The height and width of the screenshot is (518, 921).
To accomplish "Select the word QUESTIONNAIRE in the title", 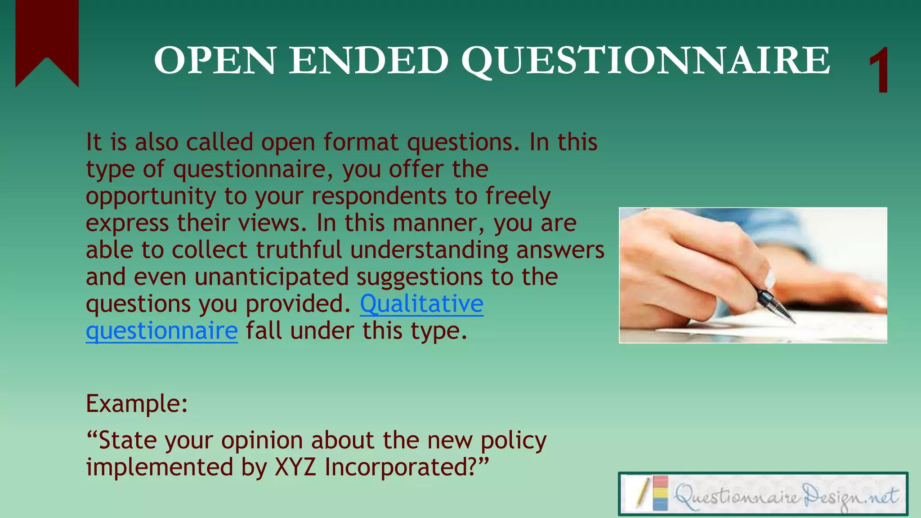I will coord(646,61).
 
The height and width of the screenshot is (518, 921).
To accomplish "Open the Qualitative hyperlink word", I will coord(421,304).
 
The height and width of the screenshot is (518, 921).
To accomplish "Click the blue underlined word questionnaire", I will coord(162,331).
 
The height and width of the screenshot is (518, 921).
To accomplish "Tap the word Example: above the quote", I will coord(137,403).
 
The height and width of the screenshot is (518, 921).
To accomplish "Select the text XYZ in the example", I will coord(295,467).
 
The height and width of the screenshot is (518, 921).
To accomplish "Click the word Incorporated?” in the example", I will coord(406,467).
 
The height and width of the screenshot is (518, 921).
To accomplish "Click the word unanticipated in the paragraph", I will coord(272,277).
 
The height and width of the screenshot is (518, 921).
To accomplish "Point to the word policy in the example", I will coord(514,440).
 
